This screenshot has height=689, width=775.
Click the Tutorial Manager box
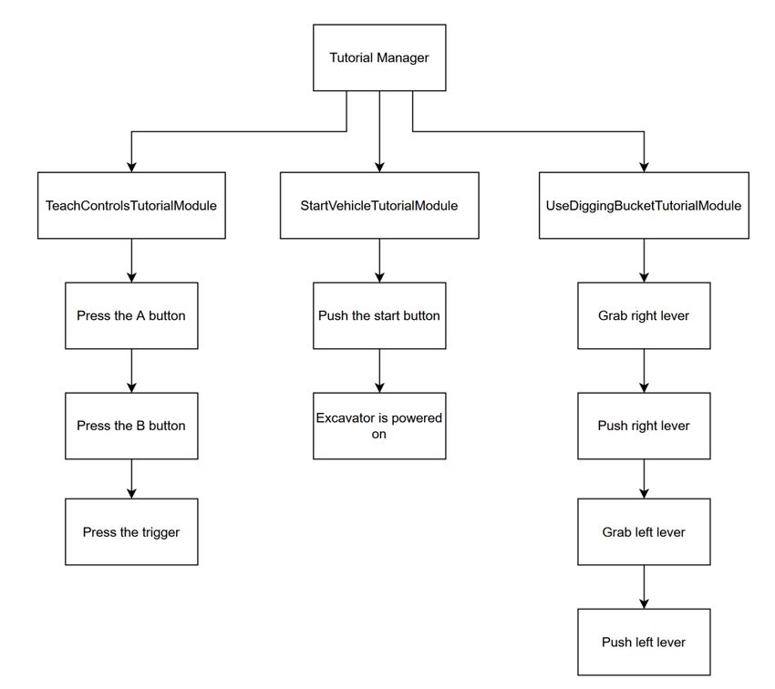tap(379, 57)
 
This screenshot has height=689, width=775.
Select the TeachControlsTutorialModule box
tap(131, 205)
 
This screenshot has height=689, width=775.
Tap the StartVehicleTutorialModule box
tap(379, 205)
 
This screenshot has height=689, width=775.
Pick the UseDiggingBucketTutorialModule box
tap(644, 205)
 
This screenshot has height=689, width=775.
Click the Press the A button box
tap(131, 315)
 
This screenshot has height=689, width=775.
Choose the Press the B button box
tap(131, 426)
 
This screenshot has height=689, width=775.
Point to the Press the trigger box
tap(131, 531)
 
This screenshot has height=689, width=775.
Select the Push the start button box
tap(379, 315)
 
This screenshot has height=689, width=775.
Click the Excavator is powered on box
tap(379, 426)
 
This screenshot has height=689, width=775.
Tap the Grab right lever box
tap(644, 315)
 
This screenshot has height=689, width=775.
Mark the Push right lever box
tap(644, 426)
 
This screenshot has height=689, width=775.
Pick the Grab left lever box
tap(644, 531)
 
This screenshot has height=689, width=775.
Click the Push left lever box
tap(644, 642)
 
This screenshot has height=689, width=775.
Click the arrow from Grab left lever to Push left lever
tap(644, 587)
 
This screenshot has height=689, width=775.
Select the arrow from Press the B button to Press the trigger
tap(131, 478)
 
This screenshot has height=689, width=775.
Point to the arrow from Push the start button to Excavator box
tap(379, 371)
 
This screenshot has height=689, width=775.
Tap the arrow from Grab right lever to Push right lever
tap(644, 371)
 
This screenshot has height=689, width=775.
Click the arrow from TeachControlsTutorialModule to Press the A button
tap(131, 261)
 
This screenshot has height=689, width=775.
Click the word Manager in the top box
tap(402, 58)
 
